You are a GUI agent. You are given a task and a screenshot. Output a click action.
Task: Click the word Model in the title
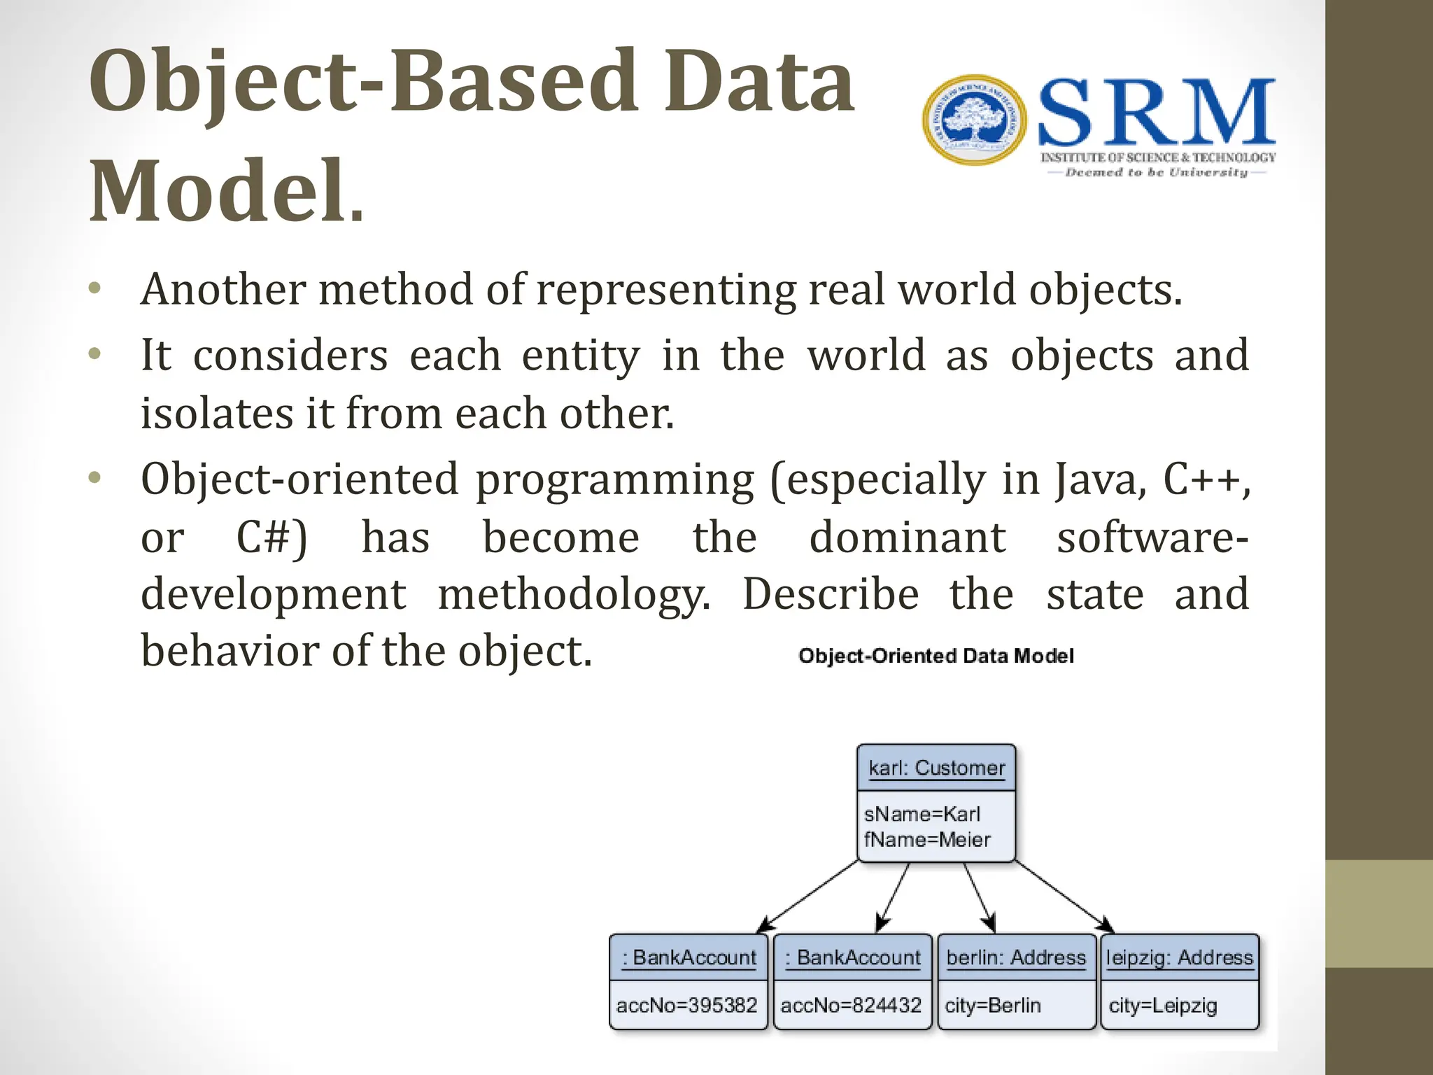point(217,190)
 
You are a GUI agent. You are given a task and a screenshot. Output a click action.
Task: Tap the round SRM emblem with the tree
point(974,120)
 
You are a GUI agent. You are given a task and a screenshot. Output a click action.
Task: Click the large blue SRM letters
point(1156,112)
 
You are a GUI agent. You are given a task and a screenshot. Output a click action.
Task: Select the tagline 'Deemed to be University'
point(1156,172)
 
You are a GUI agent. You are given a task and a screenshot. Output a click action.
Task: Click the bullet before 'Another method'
point(95,288)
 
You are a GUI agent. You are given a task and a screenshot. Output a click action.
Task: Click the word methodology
point(574,595)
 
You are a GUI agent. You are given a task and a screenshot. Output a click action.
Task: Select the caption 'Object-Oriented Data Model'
point(936,656)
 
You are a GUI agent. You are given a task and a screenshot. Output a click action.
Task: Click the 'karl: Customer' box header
point(936,768)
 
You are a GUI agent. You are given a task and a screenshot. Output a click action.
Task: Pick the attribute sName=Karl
point(922,814)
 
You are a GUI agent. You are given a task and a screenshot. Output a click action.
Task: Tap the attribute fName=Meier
point(927,839)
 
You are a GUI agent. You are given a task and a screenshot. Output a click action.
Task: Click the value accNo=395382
point(686,1005)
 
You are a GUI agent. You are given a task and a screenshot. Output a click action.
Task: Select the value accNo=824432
point(851,1005)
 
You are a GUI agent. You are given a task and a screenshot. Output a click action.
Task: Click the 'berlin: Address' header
point(1016,957)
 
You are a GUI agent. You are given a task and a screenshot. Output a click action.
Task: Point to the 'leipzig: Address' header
point(1180,957)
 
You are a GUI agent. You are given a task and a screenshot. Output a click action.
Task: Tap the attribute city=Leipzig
point(1163,1006)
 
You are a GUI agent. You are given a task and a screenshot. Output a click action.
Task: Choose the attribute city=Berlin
point(993,1006)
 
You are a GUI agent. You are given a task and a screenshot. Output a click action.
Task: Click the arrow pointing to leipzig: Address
point(1064,897)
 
